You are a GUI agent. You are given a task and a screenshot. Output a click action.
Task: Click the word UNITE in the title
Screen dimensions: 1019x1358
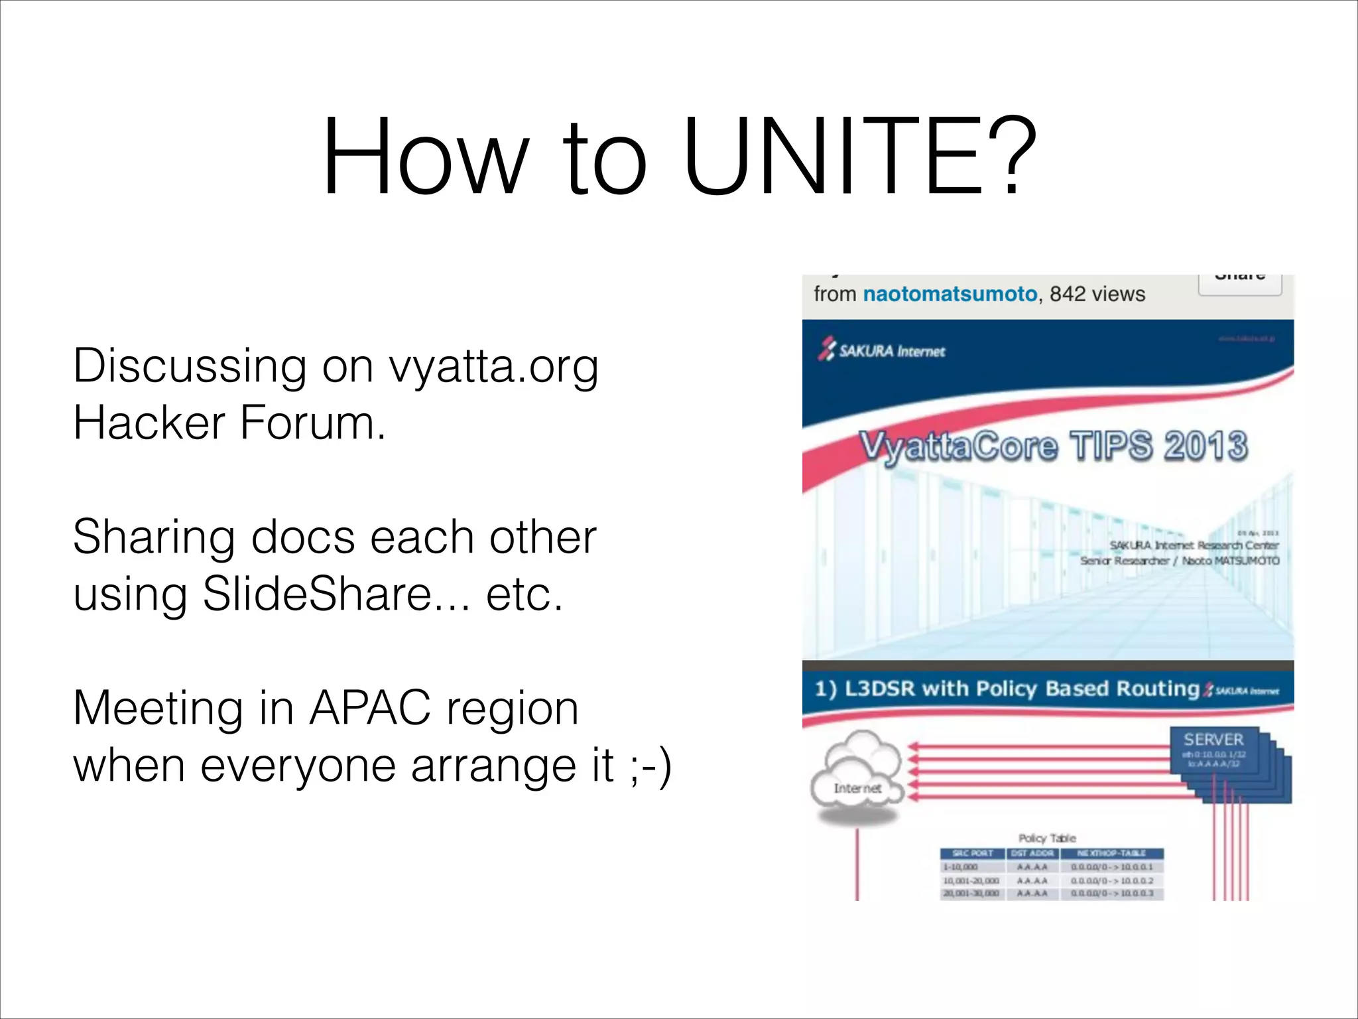click(x=832, y=158)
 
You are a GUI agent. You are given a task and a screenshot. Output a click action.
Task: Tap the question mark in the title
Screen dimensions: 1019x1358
click(x=1011, y=158)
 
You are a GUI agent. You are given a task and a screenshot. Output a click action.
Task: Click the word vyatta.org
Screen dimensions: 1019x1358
click(x=493, y=366)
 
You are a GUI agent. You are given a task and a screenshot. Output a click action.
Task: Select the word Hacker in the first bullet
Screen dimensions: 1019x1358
click(x=149, y=423)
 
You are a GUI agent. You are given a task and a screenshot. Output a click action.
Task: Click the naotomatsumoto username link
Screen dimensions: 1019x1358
click(x=950, y=294)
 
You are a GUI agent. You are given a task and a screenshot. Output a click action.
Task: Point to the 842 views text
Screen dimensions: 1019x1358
click(x=1097, y=294)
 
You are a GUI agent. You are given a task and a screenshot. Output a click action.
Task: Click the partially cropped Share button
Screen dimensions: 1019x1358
click(x=1239, y=283)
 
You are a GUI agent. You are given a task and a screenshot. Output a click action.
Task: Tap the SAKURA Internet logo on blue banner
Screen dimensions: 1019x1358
click(x=882, y=350)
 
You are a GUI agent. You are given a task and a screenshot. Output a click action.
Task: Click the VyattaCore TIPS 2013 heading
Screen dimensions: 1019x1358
click(x=1054, y=446)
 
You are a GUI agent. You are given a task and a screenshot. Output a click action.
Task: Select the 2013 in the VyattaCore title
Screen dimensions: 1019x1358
click(x=1205, y=446)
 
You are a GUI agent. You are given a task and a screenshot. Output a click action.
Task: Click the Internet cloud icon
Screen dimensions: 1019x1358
click(x=857, y=775)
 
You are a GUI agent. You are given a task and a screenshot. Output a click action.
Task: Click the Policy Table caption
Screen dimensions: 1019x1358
click(x=1047, y=838)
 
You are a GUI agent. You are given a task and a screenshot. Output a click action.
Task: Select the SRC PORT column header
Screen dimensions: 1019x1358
click(x=972, y=853)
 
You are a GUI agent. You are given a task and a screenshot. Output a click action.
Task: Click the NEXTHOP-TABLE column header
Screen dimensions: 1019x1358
click(x=1111, y=853)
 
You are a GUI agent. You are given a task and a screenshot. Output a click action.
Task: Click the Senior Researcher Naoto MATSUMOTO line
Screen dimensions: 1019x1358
click(x=1179, y=561)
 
